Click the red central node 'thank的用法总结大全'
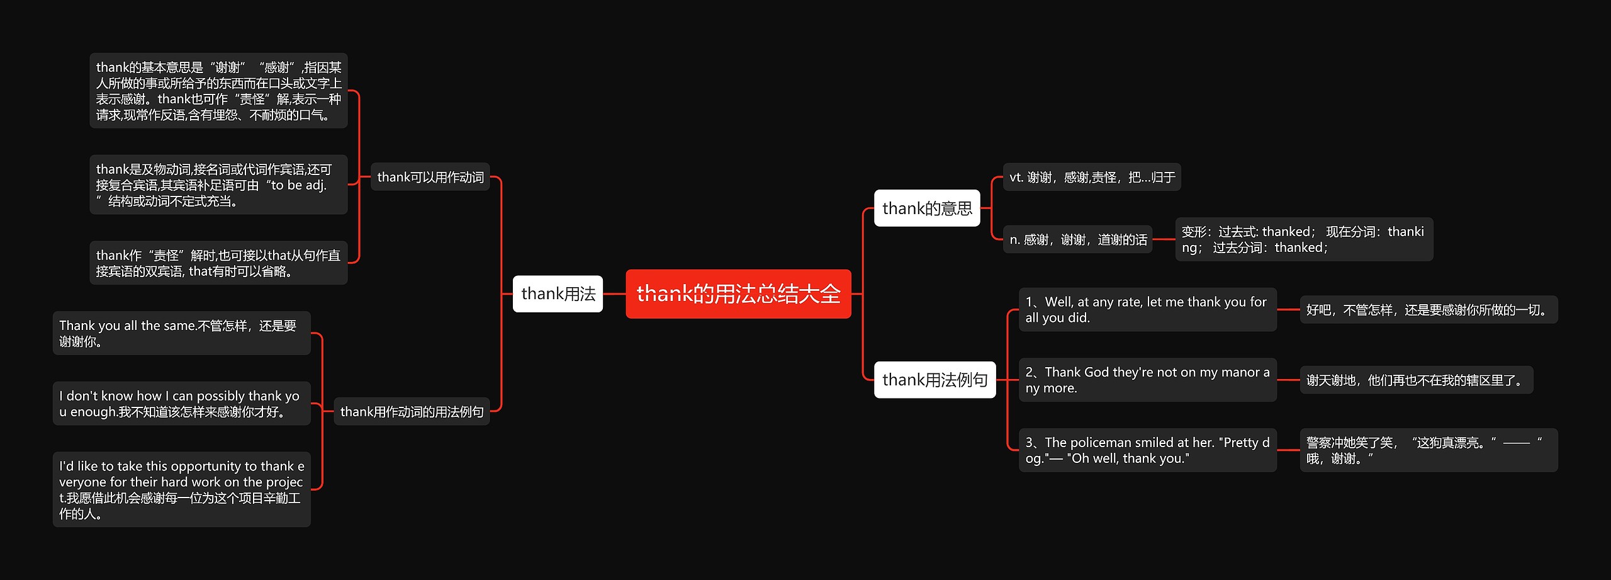(738, 294)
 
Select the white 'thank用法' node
(558, 294)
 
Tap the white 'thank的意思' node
(926, 208)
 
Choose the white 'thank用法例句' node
(935, 380)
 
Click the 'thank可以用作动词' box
(430, 177)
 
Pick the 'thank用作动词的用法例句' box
(412, 412)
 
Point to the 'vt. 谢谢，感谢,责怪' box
(1091, 177)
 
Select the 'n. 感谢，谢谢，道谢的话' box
(1077, 239)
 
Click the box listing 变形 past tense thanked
(1303, 239)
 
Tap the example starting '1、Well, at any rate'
(1147, 310)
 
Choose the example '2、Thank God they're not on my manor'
(1147, 380)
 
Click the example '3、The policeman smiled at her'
(1147, 450)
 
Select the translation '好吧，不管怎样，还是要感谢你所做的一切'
(1428, 310)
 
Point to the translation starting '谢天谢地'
(1416, 380)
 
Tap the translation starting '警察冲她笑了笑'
(1428, 450)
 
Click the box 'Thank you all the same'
(181, 333)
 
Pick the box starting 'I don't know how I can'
(181, 404)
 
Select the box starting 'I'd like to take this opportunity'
(181, 489)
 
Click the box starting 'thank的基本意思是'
(218, 91)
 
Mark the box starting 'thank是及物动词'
(218, 185)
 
